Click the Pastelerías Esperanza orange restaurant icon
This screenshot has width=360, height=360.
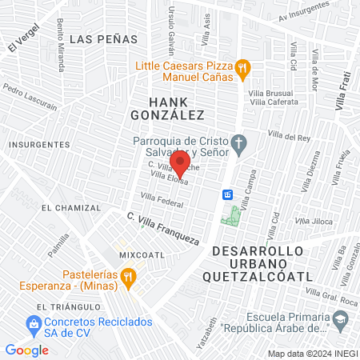129,277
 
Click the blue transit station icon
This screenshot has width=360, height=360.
228,194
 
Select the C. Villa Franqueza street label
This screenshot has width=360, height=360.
164,227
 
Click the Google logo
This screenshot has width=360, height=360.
26,350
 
